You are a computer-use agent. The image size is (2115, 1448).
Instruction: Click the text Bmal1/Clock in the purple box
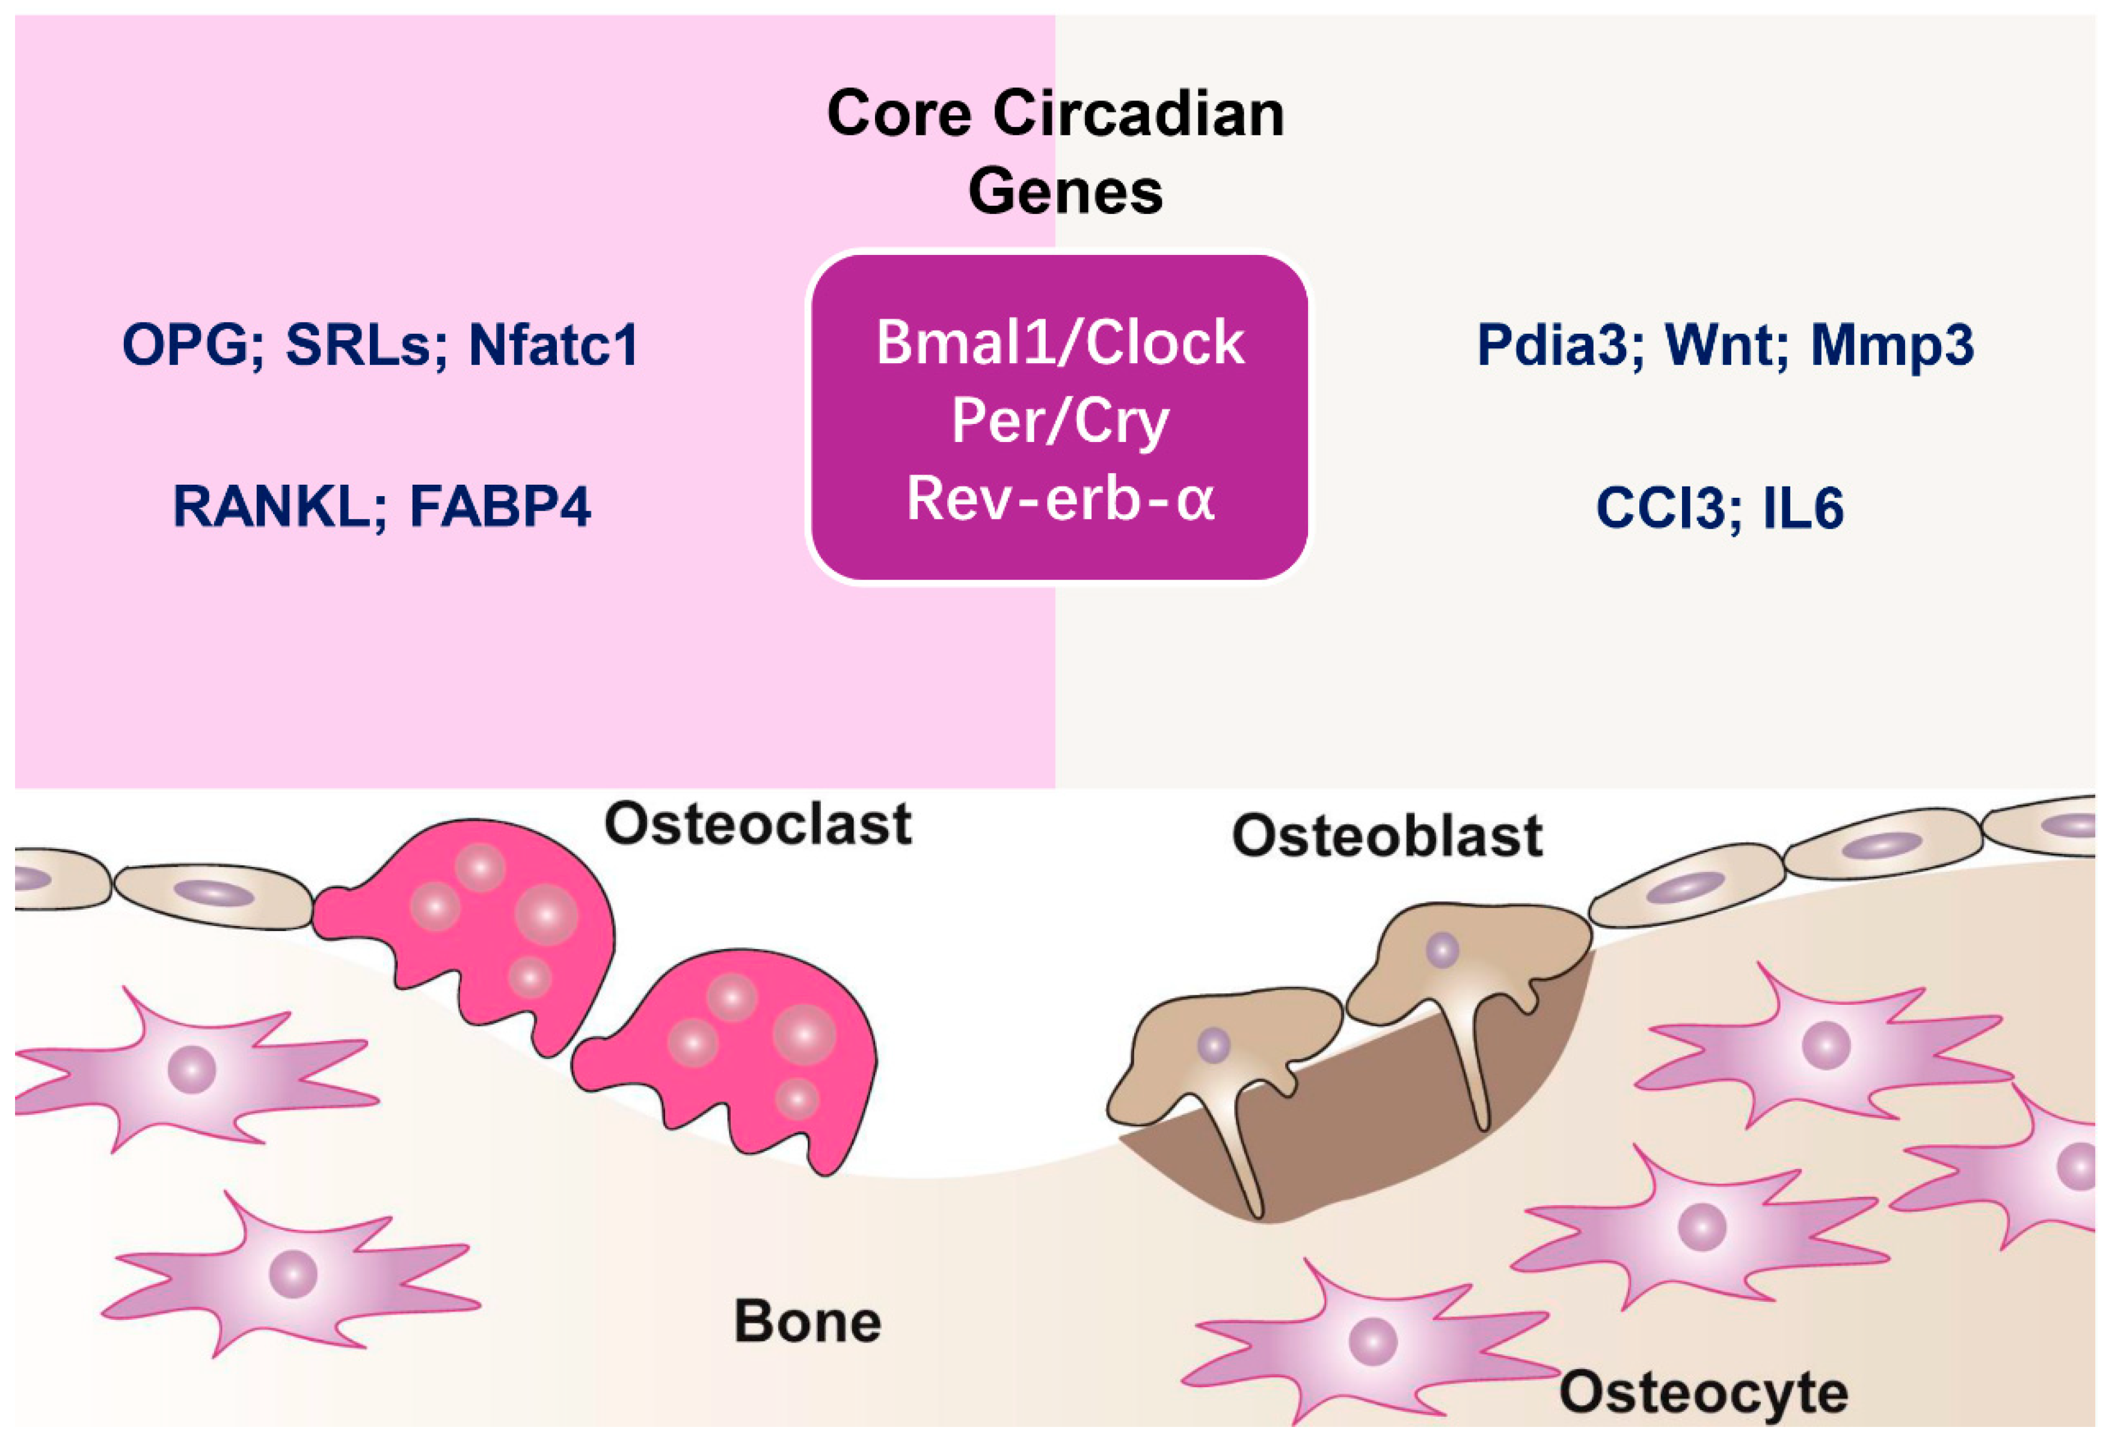pyautogui.click(x=1060, y=344)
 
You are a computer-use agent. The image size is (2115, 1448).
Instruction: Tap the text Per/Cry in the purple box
pyautogui.click(x=1060, y=422)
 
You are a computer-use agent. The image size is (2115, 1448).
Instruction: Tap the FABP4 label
pyautogui.click(x=500, y=507)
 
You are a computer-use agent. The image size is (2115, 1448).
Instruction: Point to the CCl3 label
pyautogui.click(x=1660, y=508)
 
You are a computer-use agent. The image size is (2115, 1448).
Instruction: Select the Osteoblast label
pyautogui.click(x=1386, y=835)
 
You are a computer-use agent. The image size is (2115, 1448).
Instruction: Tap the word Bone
pyautogui.click(x=807, y=1322)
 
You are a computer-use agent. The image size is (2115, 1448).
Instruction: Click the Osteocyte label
pyautogui.click(x=1702, y=1393)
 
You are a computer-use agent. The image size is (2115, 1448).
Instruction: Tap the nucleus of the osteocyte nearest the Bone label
pyautogui.click(x=293, y=1272)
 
